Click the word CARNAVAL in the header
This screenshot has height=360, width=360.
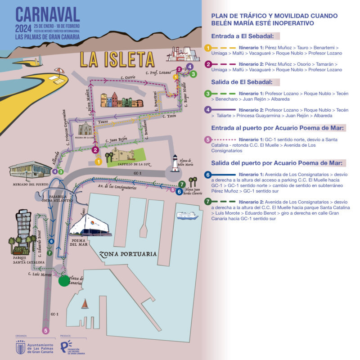(47, 14)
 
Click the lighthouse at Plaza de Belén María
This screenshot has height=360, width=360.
(175, 163)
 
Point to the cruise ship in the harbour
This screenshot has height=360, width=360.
(187, 216)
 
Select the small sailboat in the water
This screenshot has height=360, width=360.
(84, 305)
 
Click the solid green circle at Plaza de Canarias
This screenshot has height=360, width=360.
(64, 281)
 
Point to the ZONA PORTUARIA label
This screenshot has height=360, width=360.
(128, 254)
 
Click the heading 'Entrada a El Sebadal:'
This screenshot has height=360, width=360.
(246, 36)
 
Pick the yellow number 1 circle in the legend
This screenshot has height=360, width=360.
(207, 47)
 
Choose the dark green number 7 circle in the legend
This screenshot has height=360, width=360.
(207, 202)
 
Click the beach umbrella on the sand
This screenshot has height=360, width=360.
(59, 71)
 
